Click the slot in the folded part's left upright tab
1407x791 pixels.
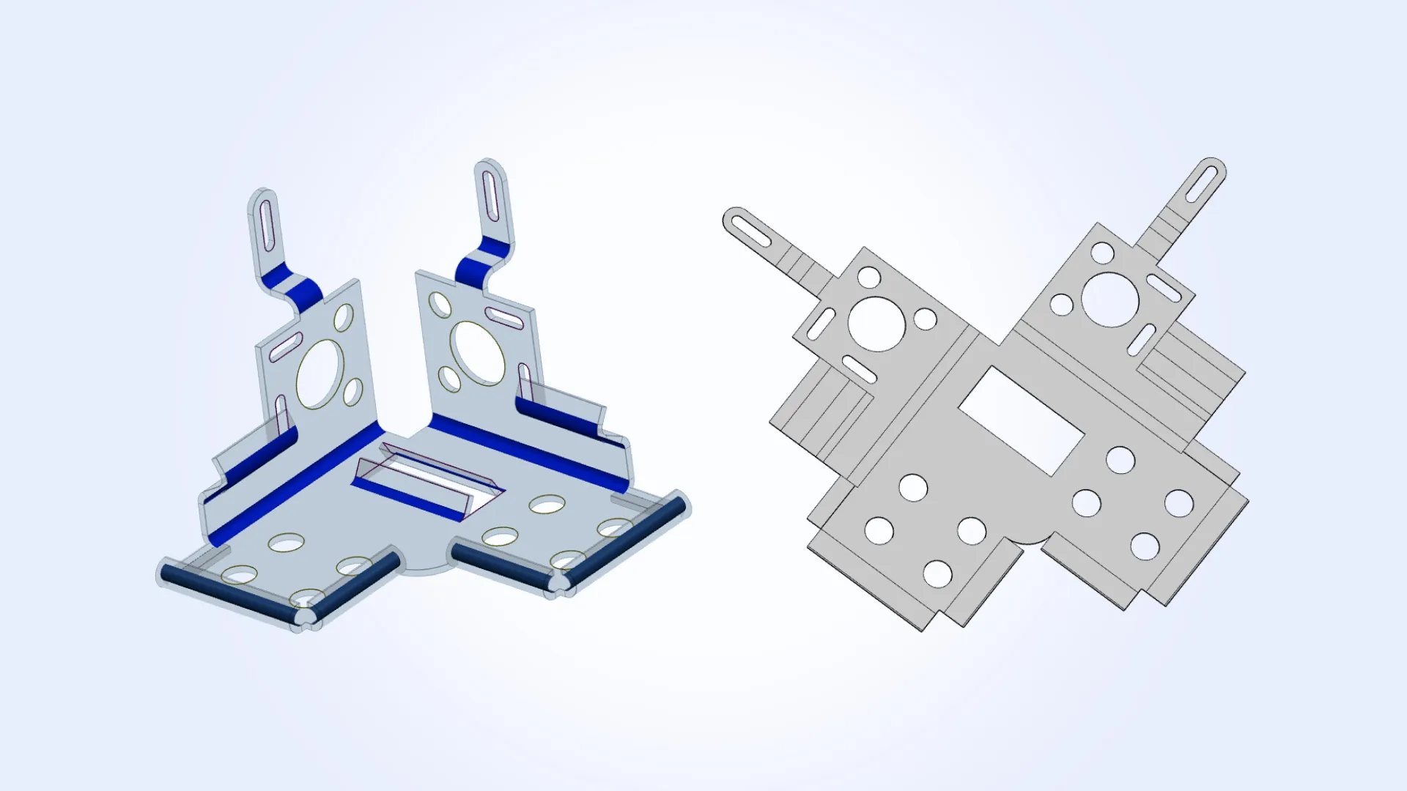coord(267,224)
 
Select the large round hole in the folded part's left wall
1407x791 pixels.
coord(320,374)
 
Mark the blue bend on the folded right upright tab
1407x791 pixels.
coord(481,261)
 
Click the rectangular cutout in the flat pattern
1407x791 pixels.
coord(1021,420)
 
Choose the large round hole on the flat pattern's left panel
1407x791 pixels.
coord(876,323)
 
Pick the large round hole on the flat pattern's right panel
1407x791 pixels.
coord(1109,300)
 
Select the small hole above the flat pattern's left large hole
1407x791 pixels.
coord(869,278)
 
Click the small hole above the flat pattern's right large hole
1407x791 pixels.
coord(1102,253)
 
